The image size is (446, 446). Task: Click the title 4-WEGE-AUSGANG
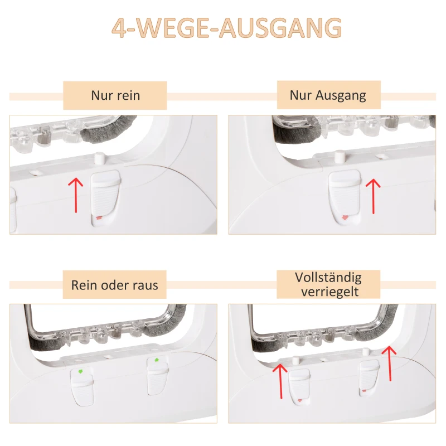click(223, 28)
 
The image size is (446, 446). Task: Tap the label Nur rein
click(115, 95)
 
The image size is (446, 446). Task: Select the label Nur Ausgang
click(328, 95)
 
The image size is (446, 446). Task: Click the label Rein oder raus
click(115, 285)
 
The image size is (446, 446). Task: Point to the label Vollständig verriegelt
click(328, 284)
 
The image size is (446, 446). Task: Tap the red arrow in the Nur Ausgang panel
click(372, 196)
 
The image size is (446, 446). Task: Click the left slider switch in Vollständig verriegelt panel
click(300, 387)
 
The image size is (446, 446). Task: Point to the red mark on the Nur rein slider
click(99, 217)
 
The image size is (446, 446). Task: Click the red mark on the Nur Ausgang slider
click(344, 217)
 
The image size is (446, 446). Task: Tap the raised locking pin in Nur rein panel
click(99, 158)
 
